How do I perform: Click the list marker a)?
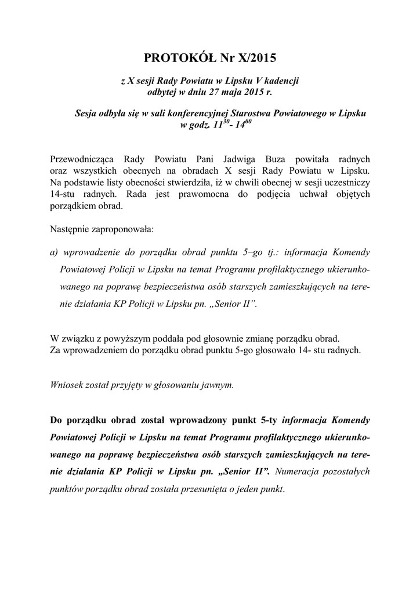tap(56, 252)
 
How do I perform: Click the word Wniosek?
tap(67, 385)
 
